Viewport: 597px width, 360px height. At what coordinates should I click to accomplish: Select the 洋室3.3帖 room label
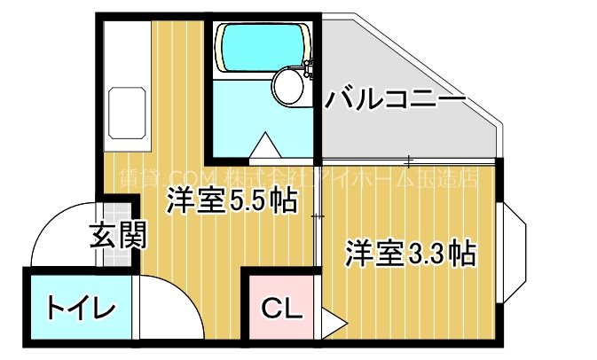409,254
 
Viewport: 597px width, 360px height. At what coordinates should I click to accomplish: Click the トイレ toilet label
80,309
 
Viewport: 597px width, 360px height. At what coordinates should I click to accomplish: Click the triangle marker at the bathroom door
263,145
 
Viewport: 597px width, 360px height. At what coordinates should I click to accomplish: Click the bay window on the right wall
515,251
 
